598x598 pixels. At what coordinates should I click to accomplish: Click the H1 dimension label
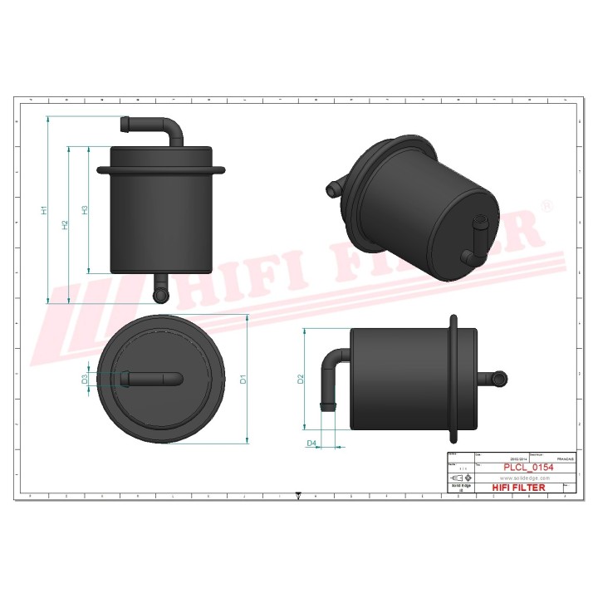coord(45,210)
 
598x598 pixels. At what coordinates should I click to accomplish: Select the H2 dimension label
coord(66,225)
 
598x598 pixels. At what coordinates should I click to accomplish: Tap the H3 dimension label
coord(85,210)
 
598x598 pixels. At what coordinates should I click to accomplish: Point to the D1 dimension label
coord(243,380)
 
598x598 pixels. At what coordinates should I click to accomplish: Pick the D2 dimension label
coord(301,380)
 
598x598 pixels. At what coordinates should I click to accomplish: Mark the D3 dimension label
coord(85,380)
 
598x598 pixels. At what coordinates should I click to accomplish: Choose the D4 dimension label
coord(312,444)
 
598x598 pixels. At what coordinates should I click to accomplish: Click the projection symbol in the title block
coord(462,479)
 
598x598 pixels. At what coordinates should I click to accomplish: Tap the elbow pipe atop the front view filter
coord(158,129)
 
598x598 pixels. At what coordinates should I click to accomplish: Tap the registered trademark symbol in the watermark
coord(547,204)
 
